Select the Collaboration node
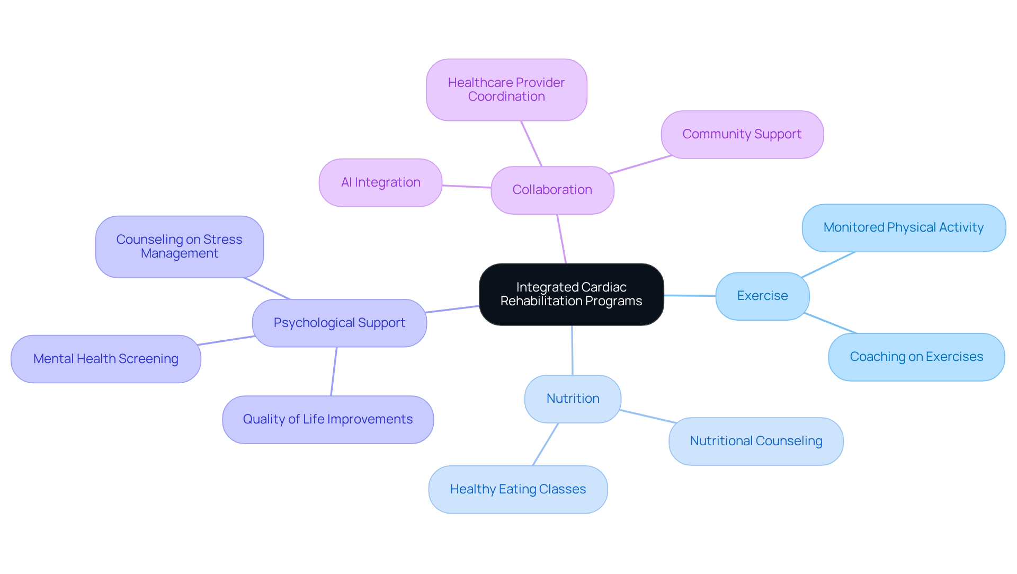click(x=552, y=190)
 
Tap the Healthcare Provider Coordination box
click(x=506, y=90)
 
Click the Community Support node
click(x=742, y=134)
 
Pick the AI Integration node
click(x=380, y=182)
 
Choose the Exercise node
click(x=762, y=296)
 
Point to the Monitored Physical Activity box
click(x=903, y=227)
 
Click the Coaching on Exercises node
click(x=916, y=357)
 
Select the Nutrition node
click(x=573, y=399)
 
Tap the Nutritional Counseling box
click(x=755, y=441)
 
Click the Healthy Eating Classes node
click(x=518, y=489)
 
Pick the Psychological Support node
click(x=339, y=323)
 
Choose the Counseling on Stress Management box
click(x=179, y=246)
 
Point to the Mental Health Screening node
click(x=105, y=359)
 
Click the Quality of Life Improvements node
click(x=327, y=419)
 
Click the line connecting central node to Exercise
click(x=690, y=295)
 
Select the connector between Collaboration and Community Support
click(x=640, y=165)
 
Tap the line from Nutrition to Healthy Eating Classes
click(x=546, y=444)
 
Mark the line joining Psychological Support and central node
click(x=453, y=309)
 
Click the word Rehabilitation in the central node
click(x=537, y=301)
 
